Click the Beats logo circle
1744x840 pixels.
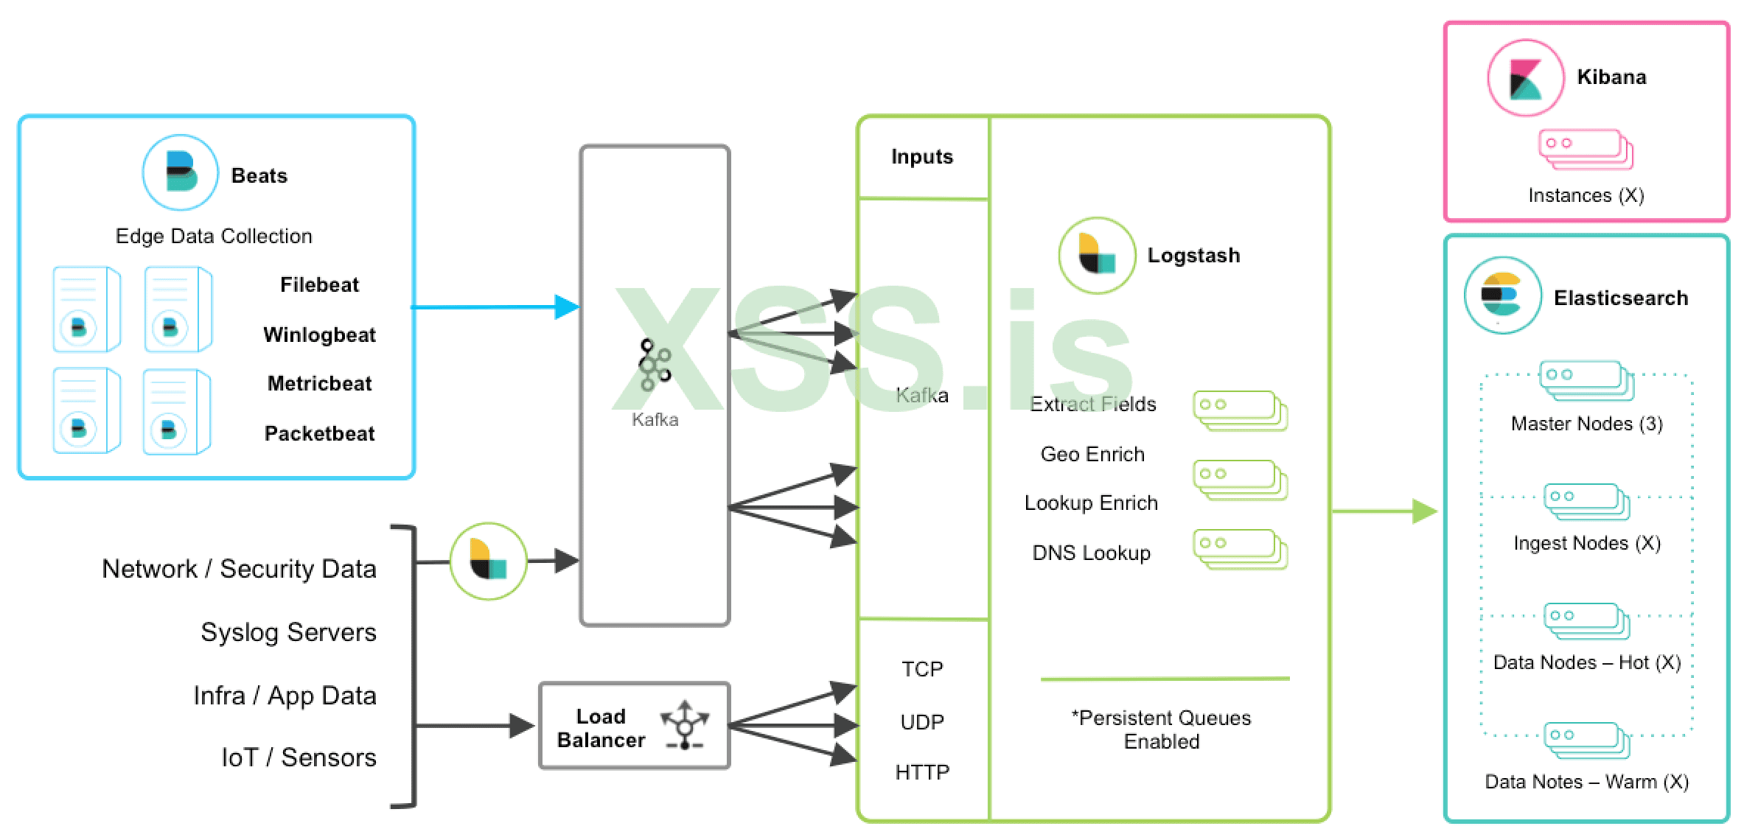(180, 172)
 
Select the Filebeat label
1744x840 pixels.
(319, 284)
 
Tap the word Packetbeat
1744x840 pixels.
(319, 433)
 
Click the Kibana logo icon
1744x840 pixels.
(1525, 78)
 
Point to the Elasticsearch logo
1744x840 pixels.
(1501, 295)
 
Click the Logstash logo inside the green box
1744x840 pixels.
(1097, 255)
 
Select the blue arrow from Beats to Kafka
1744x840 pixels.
(494, 307)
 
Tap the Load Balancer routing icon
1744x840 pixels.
(685, 725)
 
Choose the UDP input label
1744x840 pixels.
(922, 721)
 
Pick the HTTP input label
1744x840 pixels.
(922, 772)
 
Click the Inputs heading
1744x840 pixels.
(921, 156)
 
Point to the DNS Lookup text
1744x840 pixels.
(1091, 553)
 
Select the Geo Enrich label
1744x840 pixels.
(1092, 454)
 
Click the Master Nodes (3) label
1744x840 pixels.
(1586, 424)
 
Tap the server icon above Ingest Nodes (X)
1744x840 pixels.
(1586, 501)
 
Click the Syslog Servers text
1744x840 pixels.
(288, 632)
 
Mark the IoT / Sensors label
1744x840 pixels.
(299, 757)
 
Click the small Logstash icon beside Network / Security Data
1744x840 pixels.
(488, 561)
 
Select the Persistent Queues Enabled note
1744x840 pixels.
(1161, 729)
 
